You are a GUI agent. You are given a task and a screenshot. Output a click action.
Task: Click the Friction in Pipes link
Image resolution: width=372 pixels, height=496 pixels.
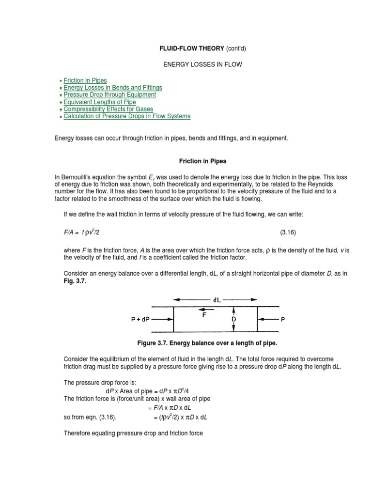tap(85, 80)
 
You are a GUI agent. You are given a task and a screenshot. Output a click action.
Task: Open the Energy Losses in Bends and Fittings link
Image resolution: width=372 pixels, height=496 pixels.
tap(113, 88)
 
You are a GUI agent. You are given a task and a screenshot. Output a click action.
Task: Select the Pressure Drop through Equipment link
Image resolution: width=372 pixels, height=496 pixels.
tap(110, 95)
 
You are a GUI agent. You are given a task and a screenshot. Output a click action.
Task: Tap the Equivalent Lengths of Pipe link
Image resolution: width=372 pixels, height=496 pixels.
tap(100, 102)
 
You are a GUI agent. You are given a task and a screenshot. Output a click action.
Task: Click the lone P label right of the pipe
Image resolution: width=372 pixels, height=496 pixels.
tap(283, 319)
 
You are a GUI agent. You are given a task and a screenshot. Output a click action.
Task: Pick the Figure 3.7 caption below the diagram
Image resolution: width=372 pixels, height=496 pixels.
tap(207, 343)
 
